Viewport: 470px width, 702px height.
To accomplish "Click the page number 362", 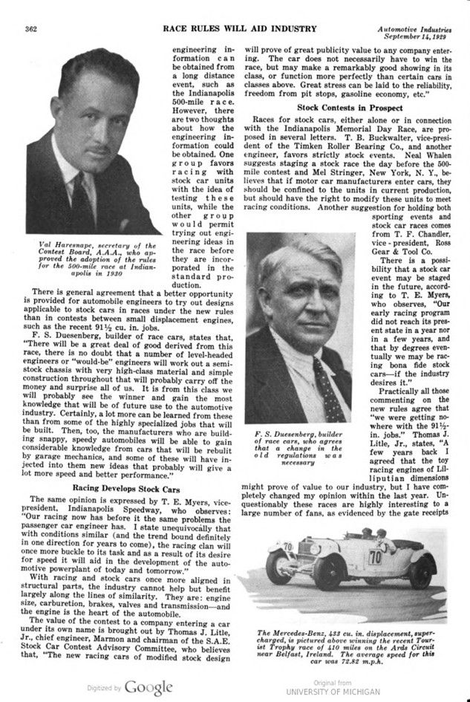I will click(30, 29).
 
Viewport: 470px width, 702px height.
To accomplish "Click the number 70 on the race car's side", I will click(376, 556).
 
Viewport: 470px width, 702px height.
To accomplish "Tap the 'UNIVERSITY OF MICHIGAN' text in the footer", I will click(332, 692).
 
